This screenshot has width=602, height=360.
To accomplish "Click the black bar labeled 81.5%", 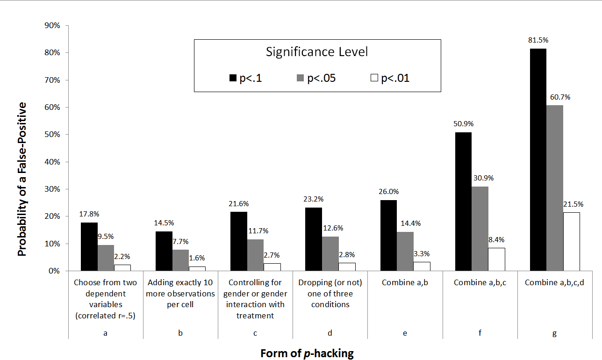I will pos(538,159).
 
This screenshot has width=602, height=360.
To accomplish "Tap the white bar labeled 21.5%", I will pos(572,241).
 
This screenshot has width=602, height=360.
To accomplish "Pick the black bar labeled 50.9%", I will pos(463,202).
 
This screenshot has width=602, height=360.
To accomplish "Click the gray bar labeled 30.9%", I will pos(480,229).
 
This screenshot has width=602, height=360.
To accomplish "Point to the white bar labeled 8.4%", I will pos(497,259).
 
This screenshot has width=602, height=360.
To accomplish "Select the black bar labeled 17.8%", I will pos(89,246).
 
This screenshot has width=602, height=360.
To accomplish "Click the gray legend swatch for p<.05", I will pos(301,78).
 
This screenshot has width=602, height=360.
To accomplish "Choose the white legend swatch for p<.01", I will pos(374,78).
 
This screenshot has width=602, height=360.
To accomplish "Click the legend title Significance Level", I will pos(317,51).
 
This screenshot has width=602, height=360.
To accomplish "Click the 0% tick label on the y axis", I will pos(54,271).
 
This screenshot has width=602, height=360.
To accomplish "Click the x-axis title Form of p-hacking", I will pos(307,353).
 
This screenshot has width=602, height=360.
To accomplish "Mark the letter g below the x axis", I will pos(555,333).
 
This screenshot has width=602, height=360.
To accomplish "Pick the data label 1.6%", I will pos(196,258).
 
